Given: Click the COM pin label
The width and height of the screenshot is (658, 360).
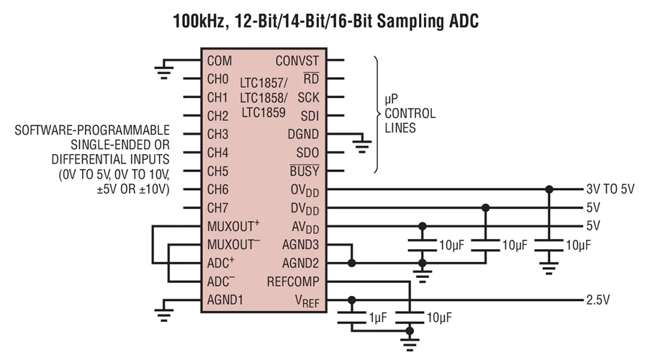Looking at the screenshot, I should coord(219,60).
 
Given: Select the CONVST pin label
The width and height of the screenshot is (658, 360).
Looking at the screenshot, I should coord(297,60).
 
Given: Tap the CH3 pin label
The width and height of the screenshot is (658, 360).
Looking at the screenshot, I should coord(217,134).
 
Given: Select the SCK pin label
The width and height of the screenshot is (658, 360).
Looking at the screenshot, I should coord(308,97).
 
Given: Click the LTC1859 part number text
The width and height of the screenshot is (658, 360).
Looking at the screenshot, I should coord(263,112).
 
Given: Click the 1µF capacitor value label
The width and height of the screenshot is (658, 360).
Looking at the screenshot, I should coord(379,317).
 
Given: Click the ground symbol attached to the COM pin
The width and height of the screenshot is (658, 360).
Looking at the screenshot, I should coord(165,71).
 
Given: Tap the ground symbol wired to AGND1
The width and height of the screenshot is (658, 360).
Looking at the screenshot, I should coord(165,312).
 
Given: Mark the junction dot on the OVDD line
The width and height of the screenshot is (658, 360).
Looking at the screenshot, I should coord(549,189).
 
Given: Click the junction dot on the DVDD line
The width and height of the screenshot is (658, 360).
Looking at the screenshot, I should coord(485,208).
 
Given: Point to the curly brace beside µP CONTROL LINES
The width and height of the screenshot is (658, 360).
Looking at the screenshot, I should coord(377,115).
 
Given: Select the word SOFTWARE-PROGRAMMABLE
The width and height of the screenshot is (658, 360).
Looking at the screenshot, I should coord(93,130).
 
